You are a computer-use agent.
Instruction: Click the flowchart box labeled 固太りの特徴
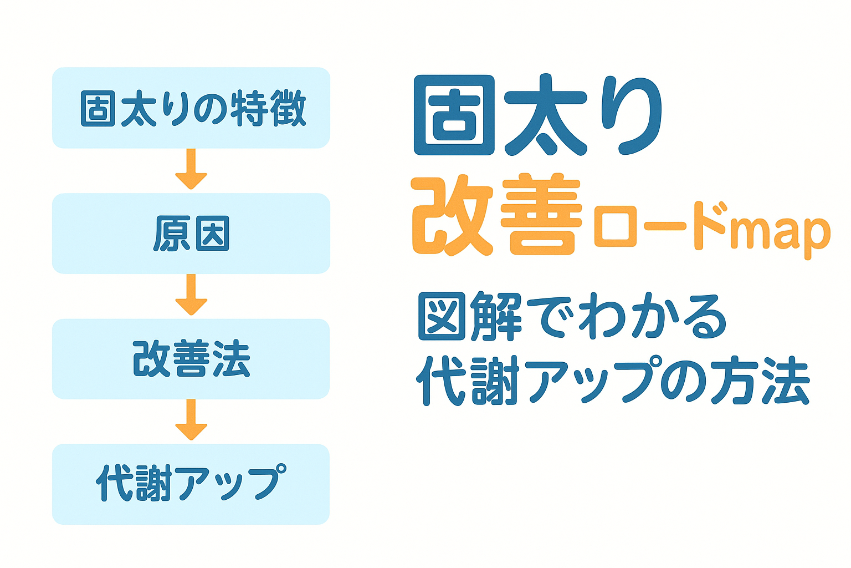(x=191, y=108)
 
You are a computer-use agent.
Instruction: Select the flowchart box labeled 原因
(x=191, y=234)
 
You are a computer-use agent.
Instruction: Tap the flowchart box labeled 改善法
(x=191, y=359)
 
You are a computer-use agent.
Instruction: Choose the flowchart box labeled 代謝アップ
(x=191, y=484)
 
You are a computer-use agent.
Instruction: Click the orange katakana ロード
(x=659, y=226)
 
